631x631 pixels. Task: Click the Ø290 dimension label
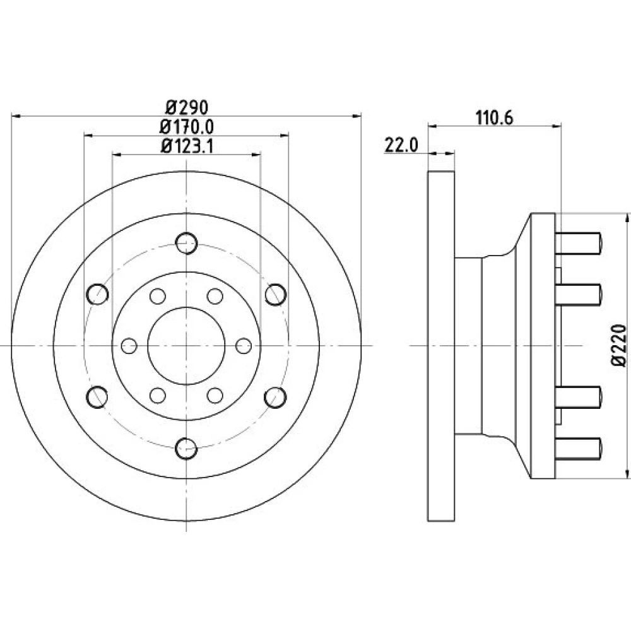(x=187, y=107)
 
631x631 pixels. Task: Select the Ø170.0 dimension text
(x=187, y=127)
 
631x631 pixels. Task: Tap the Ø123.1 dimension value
(x=187, y=146)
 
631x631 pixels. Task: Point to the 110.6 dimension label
(x=494, y=118)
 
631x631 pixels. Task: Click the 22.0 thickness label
(x=401, y=145)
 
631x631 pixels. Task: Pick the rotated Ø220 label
(x=619, y=346)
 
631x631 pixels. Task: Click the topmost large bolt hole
(x=186, y=243)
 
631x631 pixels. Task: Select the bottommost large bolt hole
(x=186, y=448)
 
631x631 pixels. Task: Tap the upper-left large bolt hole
(x=97, y=294)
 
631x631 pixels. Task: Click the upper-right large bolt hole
(x=276, y=294)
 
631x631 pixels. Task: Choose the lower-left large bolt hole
(x=97, y=397)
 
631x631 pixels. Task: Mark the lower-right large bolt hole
(x=276, y=397)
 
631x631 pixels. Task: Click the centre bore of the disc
(x=186, y=346)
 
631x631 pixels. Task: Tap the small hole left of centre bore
(x=129, y=346)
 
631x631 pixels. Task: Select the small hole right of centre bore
(x=244, y=346)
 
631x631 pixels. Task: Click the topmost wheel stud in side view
(x=578, y=243)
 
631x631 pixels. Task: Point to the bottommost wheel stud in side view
(x=578, y=448)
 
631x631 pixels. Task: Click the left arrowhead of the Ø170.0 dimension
(x=88, y=136)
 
